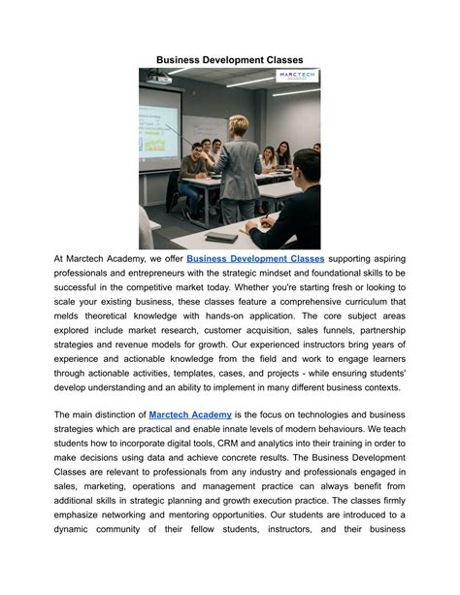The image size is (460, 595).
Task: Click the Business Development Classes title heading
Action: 230,59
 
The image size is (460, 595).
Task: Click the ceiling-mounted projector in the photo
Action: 159,78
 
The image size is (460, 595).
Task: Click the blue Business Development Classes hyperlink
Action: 255,259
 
